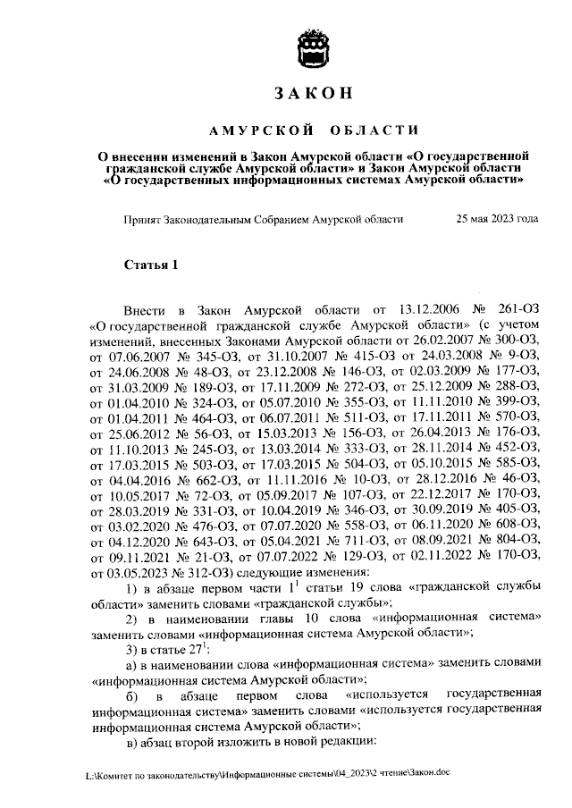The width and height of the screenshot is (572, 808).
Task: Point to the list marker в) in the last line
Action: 132,740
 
